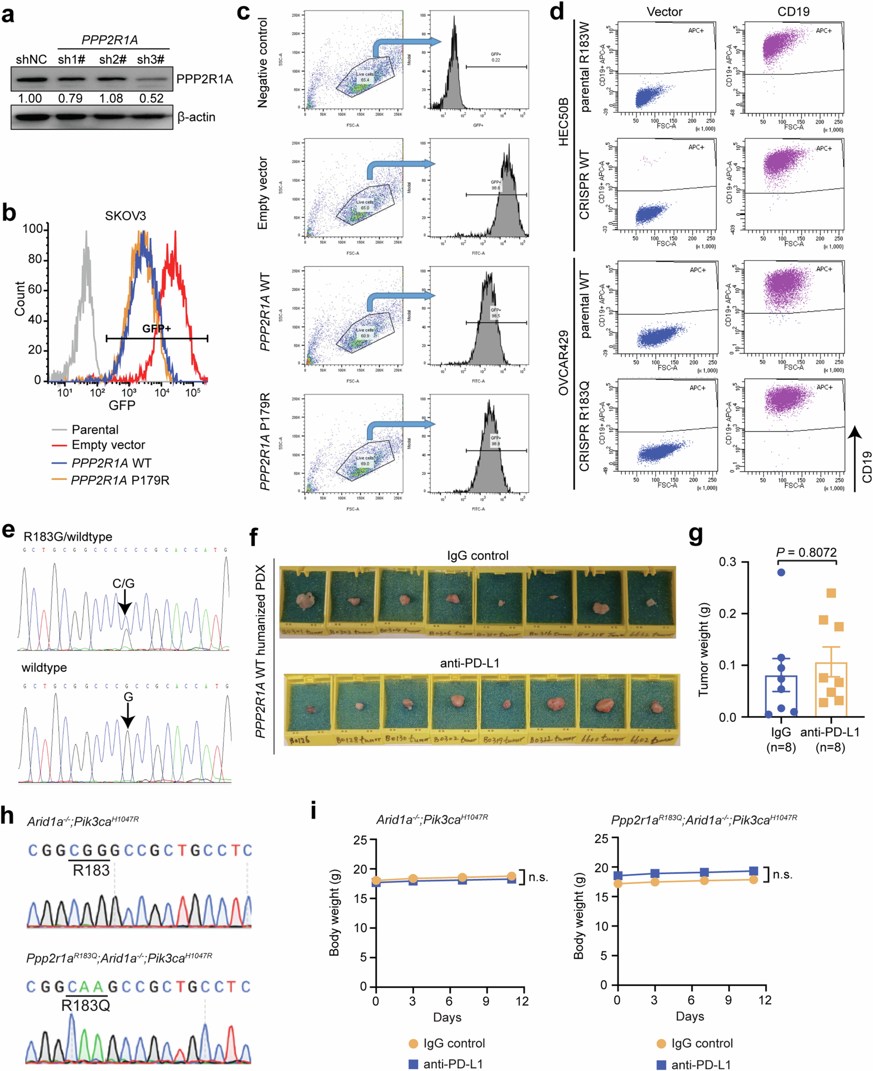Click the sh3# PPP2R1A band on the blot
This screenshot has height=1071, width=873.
[x=151, y=79]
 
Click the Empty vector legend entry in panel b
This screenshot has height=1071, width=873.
[x=108, y=445]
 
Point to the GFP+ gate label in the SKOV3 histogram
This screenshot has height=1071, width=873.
[x=156, y=328]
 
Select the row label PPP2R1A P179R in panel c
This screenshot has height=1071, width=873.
[x=265, y=441]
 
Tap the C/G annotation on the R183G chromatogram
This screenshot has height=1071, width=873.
[x=123, y=583]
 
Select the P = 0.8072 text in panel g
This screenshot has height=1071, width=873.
[x=806, y=552]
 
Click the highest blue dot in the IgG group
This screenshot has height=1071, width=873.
[x=781, y=572]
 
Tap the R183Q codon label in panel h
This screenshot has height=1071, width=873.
[x=85, y=1006]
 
